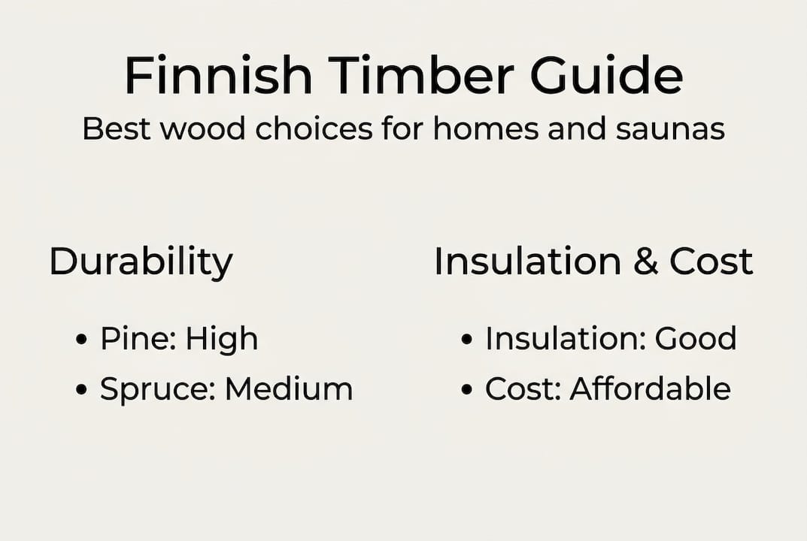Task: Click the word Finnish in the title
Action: [x=218, y=75]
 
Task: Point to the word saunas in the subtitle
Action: [x=671, y=129]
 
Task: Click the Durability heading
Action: [x=141, y=262]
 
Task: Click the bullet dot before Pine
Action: [x=82, y=340]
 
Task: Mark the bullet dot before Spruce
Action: [x=82, y=390]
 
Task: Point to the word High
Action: [x=222, y=340]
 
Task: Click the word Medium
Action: [x=289, y=389]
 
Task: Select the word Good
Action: [x=696, y=339]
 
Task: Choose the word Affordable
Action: [x=650, y=389]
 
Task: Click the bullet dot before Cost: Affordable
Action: [x=467, y=390]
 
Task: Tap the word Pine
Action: [x=135, y=340]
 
